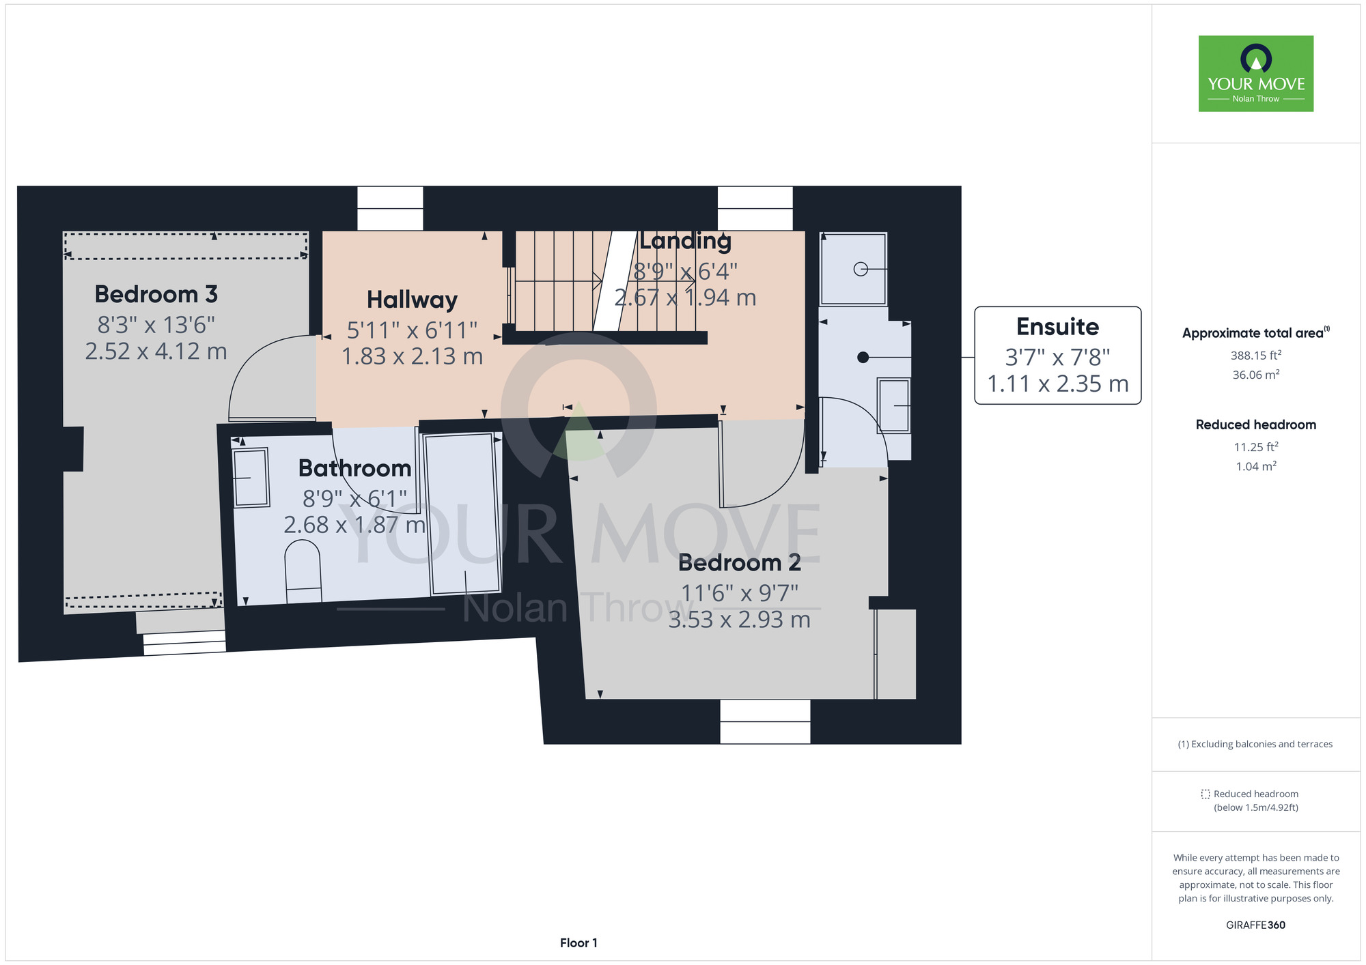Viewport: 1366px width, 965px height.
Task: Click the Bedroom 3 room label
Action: coord(156,294)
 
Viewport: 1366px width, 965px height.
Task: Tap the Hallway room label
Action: coord(412,300)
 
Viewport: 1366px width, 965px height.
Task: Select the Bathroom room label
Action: coord(355,468)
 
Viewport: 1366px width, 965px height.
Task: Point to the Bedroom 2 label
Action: coord(739,562)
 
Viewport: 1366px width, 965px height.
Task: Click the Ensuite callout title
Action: coord(1057,327)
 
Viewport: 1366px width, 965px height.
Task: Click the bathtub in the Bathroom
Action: coord(463,514)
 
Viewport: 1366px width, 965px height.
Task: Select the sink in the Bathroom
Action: coord(251,478)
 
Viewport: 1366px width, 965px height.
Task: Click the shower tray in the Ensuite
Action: coord(853,269)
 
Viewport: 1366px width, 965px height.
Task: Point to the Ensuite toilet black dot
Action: coord(863,357)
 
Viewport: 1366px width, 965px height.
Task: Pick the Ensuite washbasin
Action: coord(894,405)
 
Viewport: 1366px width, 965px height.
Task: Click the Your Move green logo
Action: coord(1256,74)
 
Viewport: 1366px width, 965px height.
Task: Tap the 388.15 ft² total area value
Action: coord(1256,356)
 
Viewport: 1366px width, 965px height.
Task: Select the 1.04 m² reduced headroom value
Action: coord(1256,466)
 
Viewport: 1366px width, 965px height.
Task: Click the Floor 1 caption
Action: coord(579,942)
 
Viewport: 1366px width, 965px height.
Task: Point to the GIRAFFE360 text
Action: coord(1255,925)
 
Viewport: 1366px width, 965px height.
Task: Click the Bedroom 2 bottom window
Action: coord(765,721)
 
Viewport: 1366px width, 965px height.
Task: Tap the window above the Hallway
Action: coord(390,209)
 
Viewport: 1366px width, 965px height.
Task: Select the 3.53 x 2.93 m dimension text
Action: coord(739,620)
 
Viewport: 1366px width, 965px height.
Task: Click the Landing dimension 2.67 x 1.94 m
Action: coord(685,298)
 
